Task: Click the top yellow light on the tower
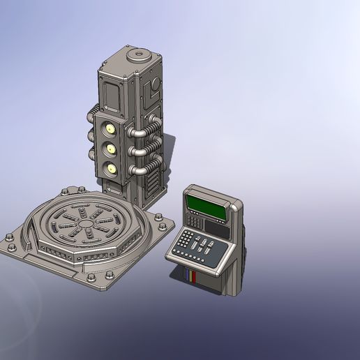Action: tap(110, 128)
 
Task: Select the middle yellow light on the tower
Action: tap(110, 148)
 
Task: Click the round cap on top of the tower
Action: tap(137, 54)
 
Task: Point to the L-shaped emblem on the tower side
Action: tap(153, 89)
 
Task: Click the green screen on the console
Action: tap(207, 205)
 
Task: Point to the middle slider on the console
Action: tap(200, 246)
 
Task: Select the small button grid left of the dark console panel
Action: tap(196, 223)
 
